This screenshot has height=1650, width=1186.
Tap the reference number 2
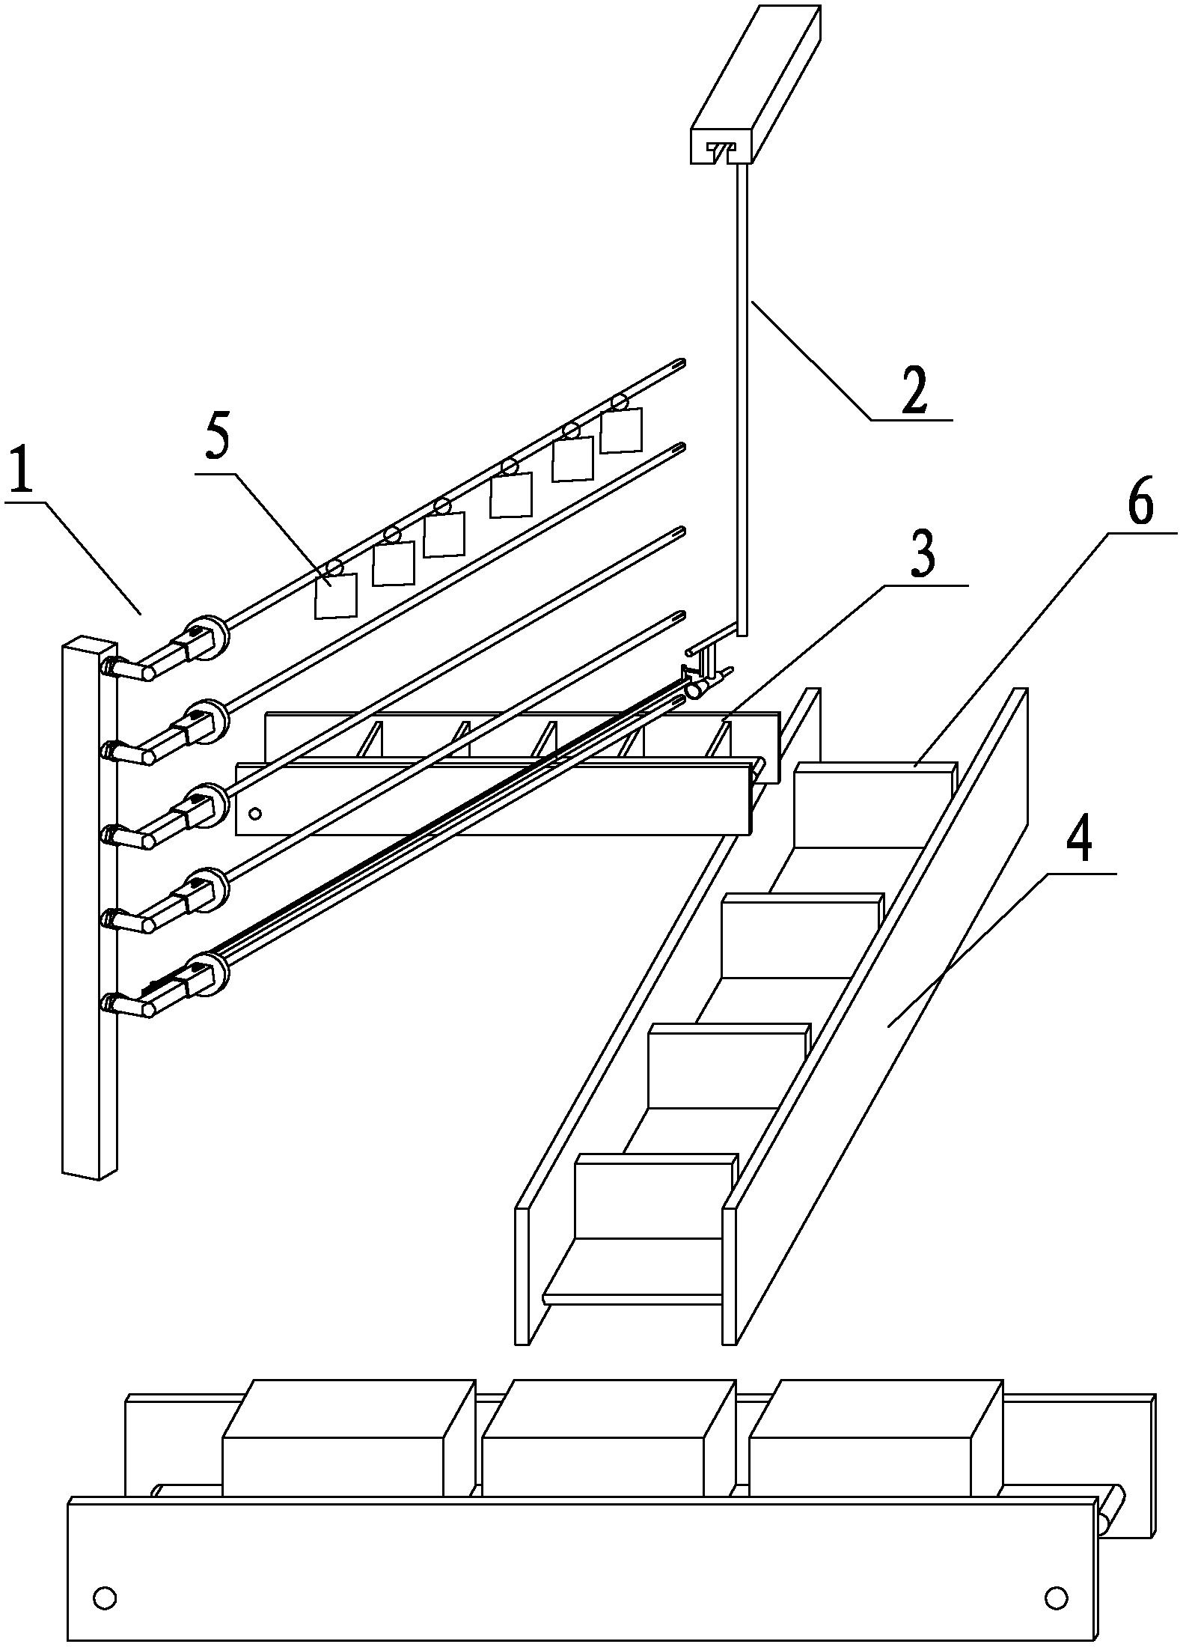click(914, 390)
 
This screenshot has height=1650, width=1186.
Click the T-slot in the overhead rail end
click(721, 152)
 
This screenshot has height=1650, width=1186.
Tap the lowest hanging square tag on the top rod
click(335, 596)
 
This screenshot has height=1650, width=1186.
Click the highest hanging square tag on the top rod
click(621, 430)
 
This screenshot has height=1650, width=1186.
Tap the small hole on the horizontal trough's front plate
click(255, 813)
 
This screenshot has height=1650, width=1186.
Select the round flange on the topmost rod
click(211, 637)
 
